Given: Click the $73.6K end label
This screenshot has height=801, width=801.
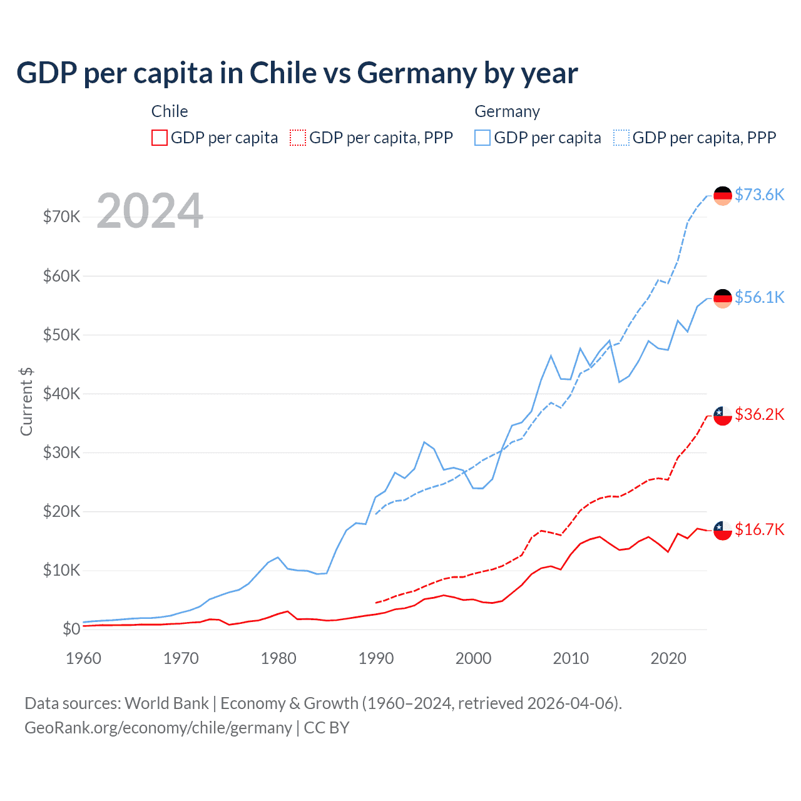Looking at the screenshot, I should click(x=759, y=195).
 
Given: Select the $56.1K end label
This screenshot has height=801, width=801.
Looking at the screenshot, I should click(x=759, y=297).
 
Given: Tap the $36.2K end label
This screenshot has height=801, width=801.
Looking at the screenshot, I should click(x=759, y=414).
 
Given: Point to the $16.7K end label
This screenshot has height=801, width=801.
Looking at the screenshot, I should click(x=759, y=529).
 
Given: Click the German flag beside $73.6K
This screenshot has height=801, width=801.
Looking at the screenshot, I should click(x=723, y=196).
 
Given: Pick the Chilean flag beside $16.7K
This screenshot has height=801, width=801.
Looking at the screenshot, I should click(x=723, y=530).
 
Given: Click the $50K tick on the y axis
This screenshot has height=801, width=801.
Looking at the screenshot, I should click(x=61, y=335).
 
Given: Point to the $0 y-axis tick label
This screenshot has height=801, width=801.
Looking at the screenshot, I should click(x=71, y=629).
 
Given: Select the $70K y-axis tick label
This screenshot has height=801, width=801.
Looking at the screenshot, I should click(x=61, y=217).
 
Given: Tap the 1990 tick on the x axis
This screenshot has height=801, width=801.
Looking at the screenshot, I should click(x=376, y=658).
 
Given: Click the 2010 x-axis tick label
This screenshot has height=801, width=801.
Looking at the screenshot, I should click(x=571, y=658).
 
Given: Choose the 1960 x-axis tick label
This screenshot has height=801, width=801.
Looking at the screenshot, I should click(x=83, y=658).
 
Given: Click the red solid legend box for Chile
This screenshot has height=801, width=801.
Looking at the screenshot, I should click(x=160, y=138).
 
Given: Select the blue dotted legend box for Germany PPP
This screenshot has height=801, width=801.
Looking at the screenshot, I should click(x=621, y=138).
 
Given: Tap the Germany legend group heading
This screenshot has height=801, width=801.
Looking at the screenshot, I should click(x=507, y=111).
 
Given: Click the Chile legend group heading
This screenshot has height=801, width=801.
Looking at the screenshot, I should click(x=170, y=111).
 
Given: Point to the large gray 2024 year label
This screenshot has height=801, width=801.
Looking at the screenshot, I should click(x=150, y=211).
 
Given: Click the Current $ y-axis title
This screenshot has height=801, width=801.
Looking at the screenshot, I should click(x=26, y=401).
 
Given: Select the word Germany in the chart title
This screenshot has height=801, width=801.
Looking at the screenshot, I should click(x=417, y=73).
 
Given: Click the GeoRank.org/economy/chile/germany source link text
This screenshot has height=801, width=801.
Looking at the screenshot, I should click(x=158, y=728).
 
